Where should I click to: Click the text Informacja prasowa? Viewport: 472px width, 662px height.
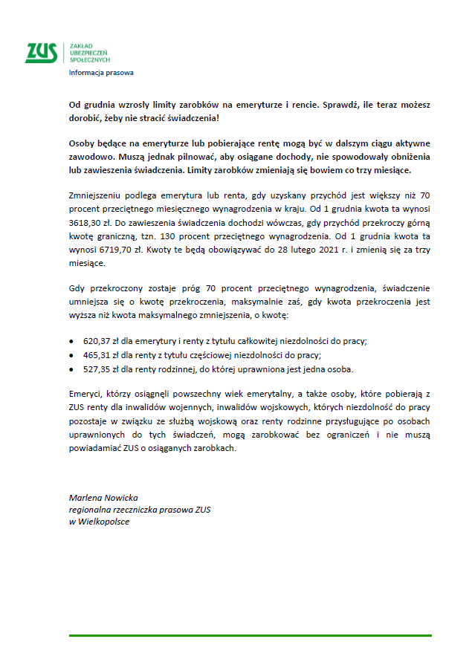click(101, 73)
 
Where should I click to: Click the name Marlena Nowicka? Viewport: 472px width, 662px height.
click(103, 497)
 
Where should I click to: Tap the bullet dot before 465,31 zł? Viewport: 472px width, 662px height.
click(71, 355)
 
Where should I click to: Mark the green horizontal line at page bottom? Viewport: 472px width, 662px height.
click(250, 636)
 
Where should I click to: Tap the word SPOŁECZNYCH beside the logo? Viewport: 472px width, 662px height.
click(89, 59)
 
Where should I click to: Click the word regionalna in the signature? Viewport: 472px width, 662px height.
click(90, 509)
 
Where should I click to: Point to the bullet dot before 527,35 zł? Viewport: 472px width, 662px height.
click(71, 369)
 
